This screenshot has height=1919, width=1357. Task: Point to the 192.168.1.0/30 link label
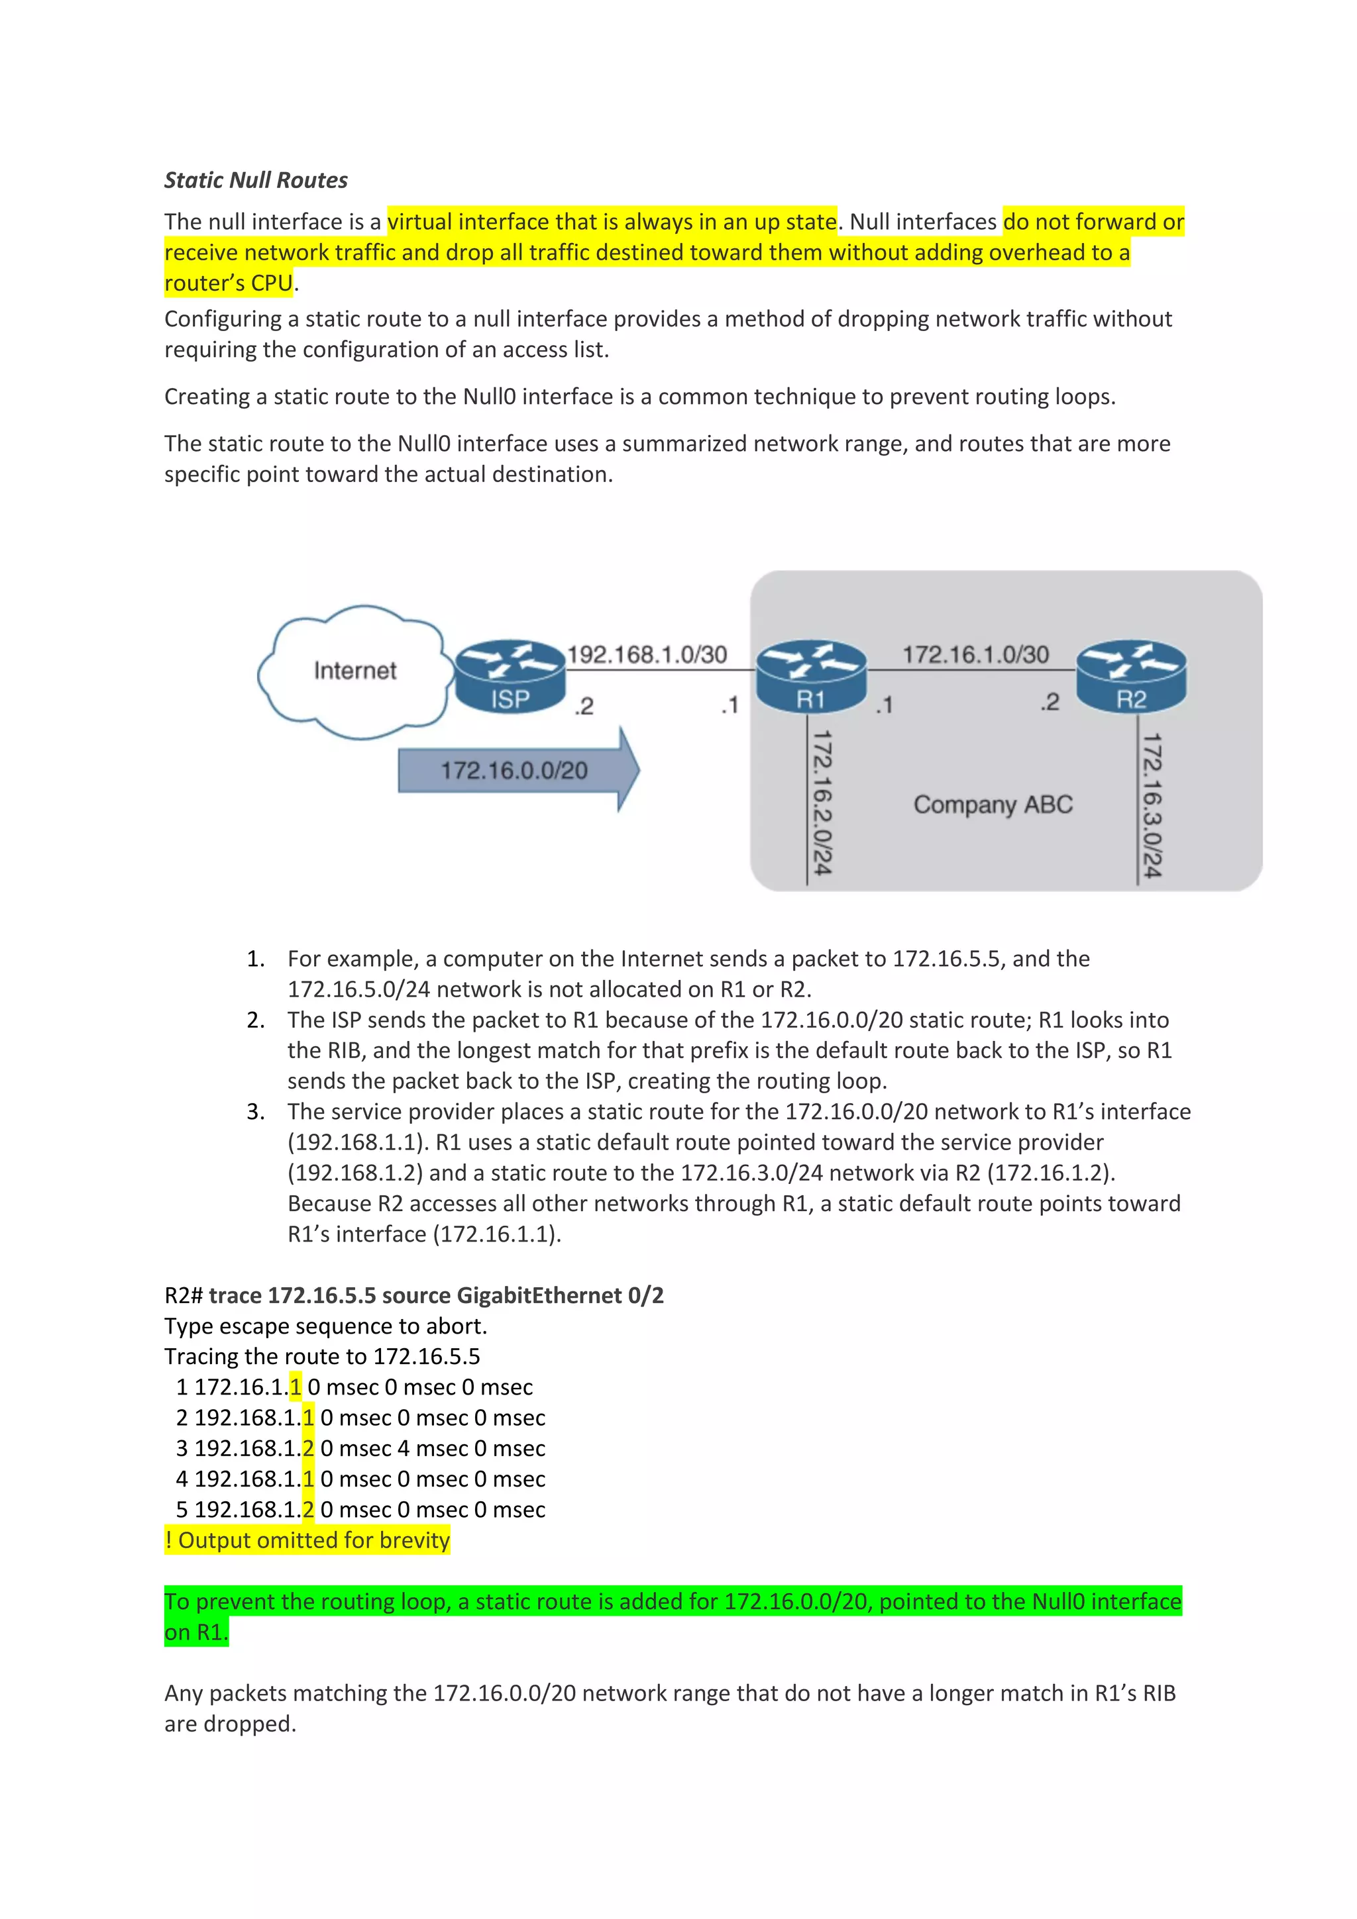click(647, 654)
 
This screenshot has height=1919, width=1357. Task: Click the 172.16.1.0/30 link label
click(975, 654)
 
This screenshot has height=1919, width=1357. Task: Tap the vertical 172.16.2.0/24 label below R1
click(822, 803)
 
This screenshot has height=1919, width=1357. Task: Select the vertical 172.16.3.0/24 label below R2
click(1152, 805)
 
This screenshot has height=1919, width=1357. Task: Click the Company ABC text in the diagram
click(993, 804)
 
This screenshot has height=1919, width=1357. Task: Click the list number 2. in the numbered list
click(255, 1020)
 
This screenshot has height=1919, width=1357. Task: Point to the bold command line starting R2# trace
click(414, 1295)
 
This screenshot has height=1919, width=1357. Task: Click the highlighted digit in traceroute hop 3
click(307, 1448)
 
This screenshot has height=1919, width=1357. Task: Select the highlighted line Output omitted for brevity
click(307, 1540)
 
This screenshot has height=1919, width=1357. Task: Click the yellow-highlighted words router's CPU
click(228, 283)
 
